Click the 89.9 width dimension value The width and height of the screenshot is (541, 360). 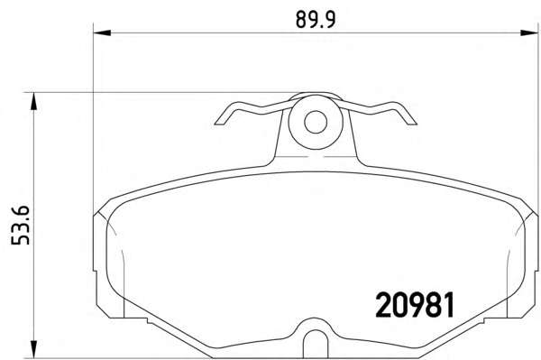[316, 20]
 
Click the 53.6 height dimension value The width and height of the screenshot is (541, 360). [21, 226]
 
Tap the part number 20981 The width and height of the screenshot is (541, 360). [415, 305]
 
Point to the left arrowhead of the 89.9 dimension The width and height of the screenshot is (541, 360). [102, 32]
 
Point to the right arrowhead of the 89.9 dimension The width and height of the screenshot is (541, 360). [529, 32]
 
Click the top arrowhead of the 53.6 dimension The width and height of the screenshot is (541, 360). [33, 101]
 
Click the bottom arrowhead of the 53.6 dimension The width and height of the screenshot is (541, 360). [33, 349]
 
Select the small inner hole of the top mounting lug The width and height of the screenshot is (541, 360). [316, 122]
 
